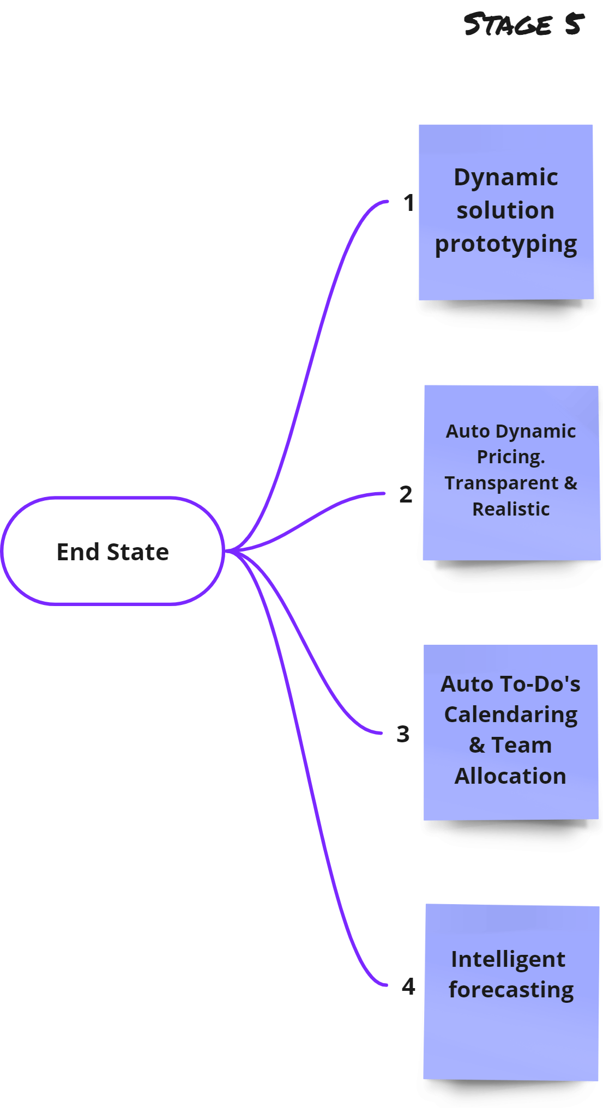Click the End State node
pyautogui.click(x=113, y=551)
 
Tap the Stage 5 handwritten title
pyautogui.click(x=523, y=25)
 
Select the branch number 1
pyautogui.click(x=409, y=203)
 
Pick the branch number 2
pyautogui.click(x=406, y=494)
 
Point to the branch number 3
pyautogui.click(x=403, y=734)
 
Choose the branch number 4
pyautogui.click(x=408, y=986)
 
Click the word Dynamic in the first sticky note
pyautogui.click(x=505, y=178)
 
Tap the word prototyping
pyautogui.click(x=505, y=244)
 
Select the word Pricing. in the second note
pyautogui.click(x=511, y=457)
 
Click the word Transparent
pyautogui.click(x=502, y=483)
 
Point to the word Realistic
pyautogui.click(x=511, y=509)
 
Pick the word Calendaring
pyautogui.click(x=511, y=715)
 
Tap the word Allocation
pyautogui.click(x=510, y=776)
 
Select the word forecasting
pyautogui.click(x=511, y=990)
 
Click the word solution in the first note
pyautogui.click(x=505, y=210)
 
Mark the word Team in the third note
pyautogui.click(x=522, y=745)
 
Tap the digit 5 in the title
pyautogui.click(x=574, y=25)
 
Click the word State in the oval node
pyautogui.click(x=138, y=552)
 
